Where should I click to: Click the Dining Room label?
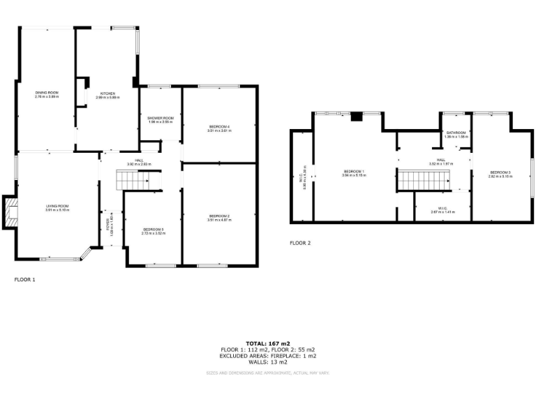coord(47,93)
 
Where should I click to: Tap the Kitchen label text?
coord(107,93)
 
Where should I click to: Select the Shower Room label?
coord(160,118)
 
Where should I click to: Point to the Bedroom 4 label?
coord(218,126)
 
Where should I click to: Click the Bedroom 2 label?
coord(219,216)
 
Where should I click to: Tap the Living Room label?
coord(57,206)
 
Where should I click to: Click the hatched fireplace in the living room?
coord(10,214)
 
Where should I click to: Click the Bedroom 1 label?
coord(354,172)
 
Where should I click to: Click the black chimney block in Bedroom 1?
coord(357,117)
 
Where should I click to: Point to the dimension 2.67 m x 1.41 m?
coord(442,211)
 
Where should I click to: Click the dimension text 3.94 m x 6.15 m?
coord(354,176)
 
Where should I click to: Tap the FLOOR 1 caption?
coord(24,279)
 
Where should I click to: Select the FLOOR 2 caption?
coord(300,244)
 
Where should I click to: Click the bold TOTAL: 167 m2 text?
coord(267,343)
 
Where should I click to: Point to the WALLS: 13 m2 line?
coord(267,362)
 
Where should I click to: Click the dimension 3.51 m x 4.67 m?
coord(219,221)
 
